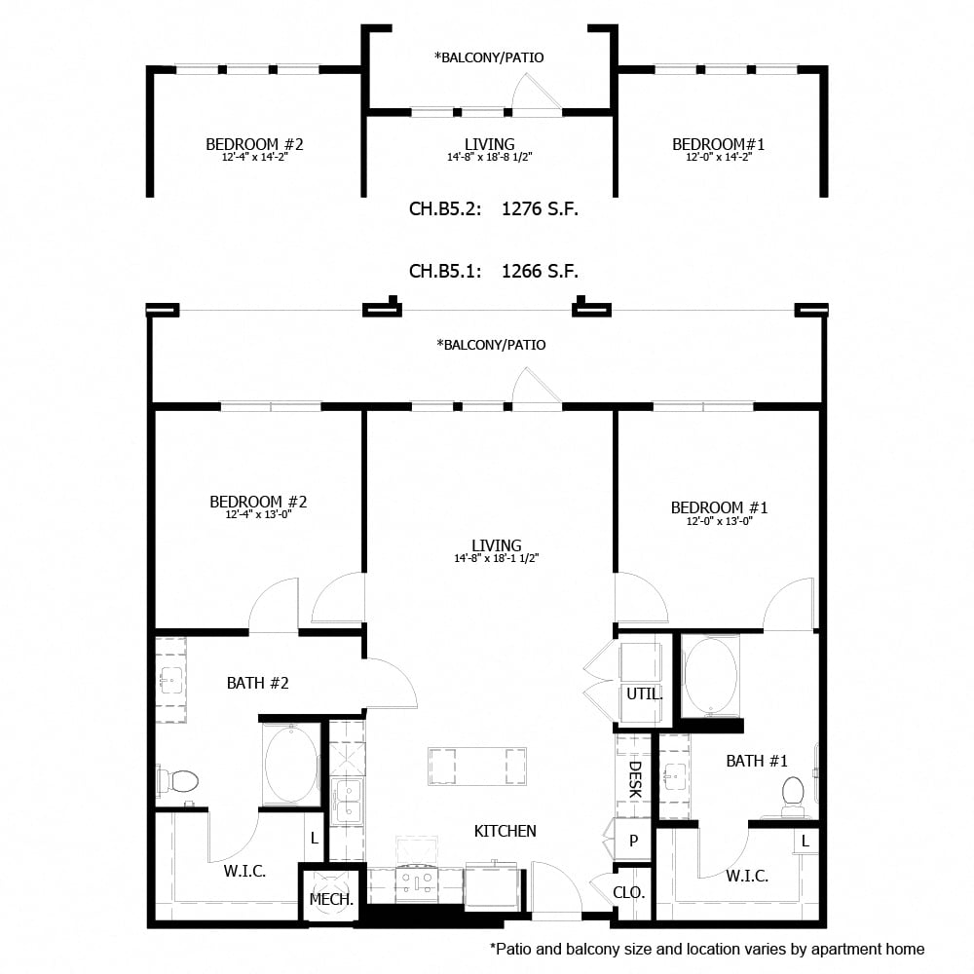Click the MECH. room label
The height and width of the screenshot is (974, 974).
tap(331, 900)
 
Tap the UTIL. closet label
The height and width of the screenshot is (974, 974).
tap(645, 695)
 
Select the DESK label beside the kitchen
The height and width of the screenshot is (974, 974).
tap(634, 779)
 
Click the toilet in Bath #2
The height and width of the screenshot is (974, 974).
tap(177, 780)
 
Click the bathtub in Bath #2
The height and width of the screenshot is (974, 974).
tap(290, 765)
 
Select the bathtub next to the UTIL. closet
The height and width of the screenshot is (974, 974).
tap(711, 676)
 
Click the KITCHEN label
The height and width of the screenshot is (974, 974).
tap(505, 831)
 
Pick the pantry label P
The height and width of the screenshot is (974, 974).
tap(632, 841)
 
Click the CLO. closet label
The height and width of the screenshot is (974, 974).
tap(628, 891)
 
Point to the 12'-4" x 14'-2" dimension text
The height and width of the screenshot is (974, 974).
tap(254, 157)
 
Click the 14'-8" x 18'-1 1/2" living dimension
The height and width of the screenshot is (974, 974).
tap(496, 559)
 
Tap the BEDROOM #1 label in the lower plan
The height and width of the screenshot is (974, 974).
tap(719, 507)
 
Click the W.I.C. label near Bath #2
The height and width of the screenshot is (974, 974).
tap(244, 871)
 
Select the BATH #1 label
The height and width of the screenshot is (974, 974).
tap(756, 761)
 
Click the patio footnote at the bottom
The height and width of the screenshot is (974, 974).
tap(706, 948)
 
